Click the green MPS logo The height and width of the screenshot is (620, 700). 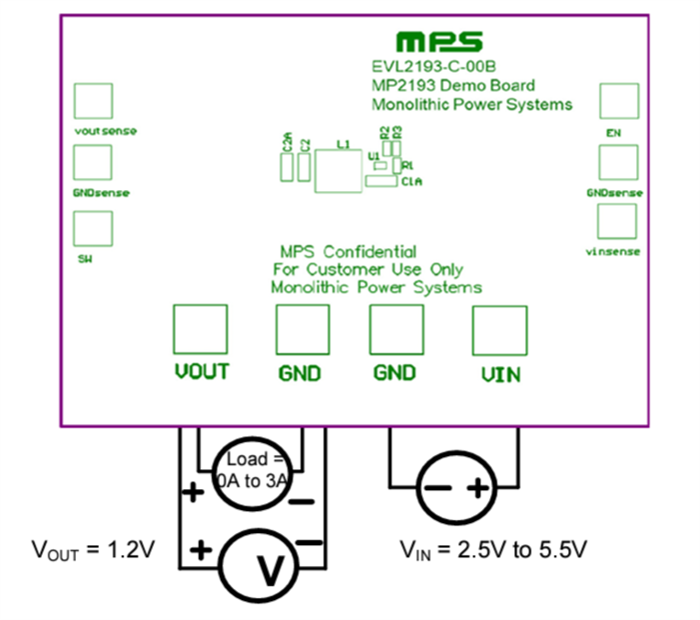439,42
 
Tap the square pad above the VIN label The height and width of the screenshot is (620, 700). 499,328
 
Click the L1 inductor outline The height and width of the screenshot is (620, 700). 338,171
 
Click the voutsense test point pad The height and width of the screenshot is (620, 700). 93,101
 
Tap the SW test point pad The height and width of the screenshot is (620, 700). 93,229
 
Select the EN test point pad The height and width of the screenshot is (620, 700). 618,101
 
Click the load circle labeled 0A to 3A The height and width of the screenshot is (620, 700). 252,470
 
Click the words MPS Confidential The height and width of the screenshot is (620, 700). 348,252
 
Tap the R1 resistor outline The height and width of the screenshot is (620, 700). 397,165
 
